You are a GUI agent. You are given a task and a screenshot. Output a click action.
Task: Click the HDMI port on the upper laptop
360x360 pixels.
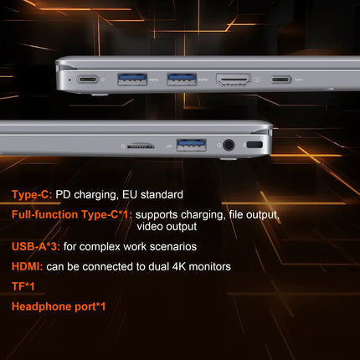tap(233, 80)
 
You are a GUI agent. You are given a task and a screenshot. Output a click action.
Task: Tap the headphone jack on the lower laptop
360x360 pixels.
tap(229, 145)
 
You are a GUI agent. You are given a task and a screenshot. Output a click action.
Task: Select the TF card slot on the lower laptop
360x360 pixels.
tap(141, 146)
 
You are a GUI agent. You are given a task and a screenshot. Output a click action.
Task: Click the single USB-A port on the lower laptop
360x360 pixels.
tap(192, 145)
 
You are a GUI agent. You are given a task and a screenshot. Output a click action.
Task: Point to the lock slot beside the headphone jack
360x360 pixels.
tap(255, 145)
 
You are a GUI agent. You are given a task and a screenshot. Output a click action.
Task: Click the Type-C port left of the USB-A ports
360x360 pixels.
tap(88, 80)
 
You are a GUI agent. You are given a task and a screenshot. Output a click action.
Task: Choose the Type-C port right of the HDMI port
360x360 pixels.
tap(281, 80)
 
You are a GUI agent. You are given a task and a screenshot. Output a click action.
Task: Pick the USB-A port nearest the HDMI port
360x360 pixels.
tap(182, 79)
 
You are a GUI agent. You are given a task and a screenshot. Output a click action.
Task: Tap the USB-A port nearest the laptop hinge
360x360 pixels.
tap(132, 79)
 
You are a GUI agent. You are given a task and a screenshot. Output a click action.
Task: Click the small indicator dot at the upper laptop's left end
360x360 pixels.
tap(69, 80)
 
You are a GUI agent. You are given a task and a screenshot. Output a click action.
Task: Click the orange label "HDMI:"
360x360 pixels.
tap(28, 266)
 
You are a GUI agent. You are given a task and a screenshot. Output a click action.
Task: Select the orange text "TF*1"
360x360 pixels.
tap(23, 286)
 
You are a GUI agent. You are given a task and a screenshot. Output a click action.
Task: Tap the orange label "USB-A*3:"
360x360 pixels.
tap(36, 246)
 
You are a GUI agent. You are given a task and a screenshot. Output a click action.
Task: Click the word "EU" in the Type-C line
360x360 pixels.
tap(130, 194)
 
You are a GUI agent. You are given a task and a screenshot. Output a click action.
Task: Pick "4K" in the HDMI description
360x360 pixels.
tap(179, 266)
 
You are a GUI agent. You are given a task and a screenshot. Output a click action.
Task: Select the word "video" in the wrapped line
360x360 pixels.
tap(149, 226)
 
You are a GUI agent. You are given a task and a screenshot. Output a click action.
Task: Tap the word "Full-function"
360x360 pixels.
tap(45, 214)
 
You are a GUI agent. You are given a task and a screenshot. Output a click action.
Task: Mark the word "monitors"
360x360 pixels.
tap(210, 266)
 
